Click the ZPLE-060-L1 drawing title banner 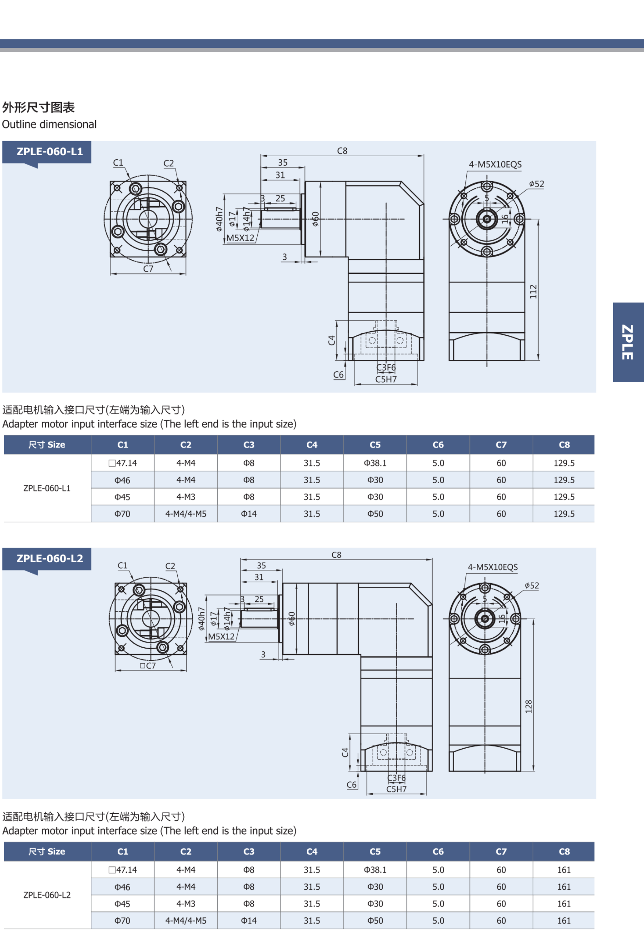[x=49, y=152]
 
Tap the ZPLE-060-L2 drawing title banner [x=49, y=559]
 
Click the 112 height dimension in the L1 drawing [x=533, y=291]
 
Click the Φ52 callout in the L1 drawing [x=537, y=184]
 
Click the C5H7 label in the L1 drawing [x=386, y=379]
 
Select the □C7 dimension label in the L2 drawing [x=148, y=666]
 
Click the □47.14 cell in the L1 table [x=123, y=463]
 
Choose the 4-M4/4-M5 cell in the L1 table [x=186, y=514]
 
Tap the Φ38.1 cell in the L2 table [x=375, y=870]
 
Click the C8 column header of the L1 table [x=564, y=445]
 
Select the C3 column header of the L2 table [x=249, y=852]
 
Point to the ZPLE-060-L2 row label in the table [x=47, y=895]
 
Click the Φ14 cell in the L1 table [x=249, y=514]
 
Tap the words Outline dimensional [x=49, y=124]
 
